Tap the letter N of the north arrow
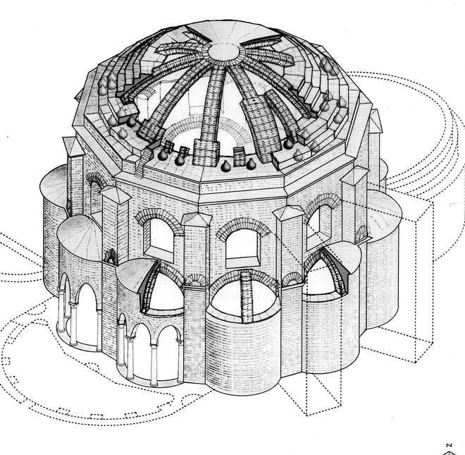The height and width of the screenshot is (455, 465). [446, 446]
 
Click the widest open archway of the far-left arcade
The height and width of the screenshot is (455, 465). [88, 317]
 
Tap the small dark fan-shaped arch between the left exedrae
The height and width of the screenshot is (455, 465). [108, 257]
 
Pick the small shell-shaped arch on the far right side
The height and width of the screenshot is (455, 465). [361, 232]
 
